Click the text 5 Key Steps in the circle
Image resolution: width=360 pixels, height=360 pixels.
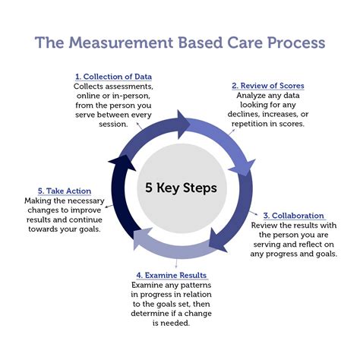coord(179,188)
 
